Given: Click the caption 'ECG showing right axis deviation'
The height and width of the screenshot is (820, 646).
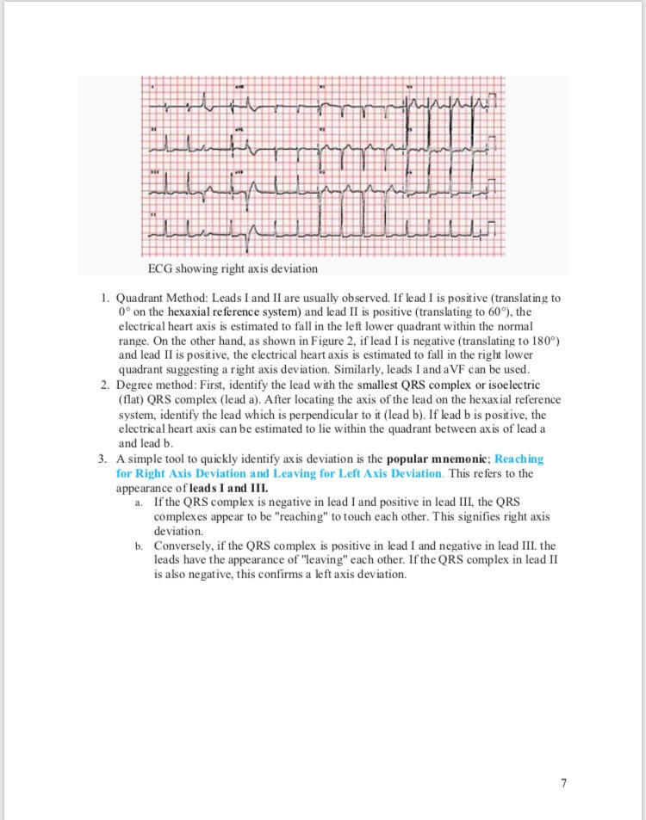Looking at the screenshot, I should pos(233,268).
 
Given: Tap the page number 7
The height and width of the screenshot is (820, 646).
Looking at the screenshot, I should pos(563,782).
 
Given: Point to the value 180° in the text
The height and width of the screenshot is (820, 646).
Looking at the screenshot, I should pos(544,341).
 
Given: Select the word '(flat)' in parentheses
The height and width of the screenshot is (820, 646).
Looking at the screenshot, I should pos(131,399).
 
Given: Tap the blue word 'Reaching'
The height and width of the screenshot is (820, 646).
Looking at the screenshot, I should pos(519,459).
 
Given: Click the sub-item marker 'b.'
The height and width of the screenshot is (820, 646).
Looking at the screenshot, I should pos(138,546).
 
